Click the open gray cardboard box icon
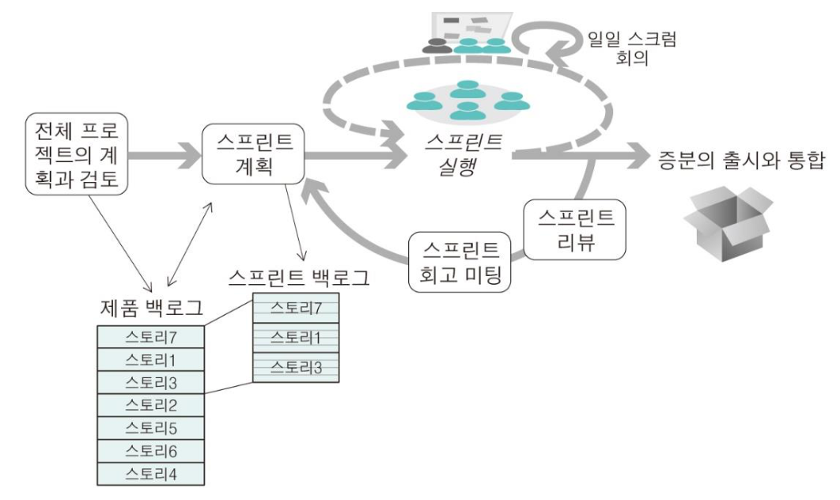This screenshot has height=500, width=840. click(x=727, y=215)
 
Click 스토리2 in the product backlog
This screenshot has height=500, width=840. click(x=150, y=406)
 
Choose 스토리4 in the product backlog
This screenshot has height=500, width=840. click(x=150, y=473)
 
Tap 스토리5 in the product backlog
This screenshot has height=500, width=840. click(x=150, y=428)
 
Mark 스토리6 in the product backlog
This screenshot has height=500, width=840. click(x=150, y=450)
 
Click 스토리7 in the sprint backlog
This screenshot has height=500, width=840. click(x=297, y=307)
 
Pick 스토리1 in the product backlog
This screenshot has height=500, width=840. click(x=150, y=361)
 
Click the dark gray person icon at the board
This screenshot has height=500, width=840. click(x=434, y=46)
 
